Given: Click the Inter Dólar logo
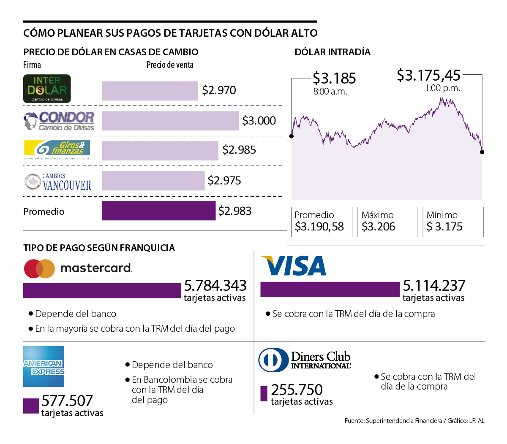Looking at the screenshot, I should pyautogui.click(x=47, y=89).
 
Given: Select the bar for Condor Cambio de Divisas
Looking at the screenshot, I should pyautogui.click(x=170, y=121).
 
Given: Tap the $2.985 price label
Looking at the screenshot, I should pyautogui.click(x=239, y=150).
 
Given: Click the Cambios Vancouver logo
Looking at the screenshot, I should pyautogui.click(x=58, y=181).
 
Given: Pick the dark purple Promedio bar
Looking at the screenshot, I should pyautogui.click(x=158, y=211).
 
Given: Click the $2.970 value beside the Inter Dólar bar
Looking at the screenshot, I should pyautogui.click(x=219, y=90).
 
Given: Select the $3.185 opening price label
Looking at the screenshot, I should pyautogui.click(x=334, y=79).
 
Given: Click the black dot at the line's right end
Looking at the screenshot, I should pyautogui.click(x=482, y=152).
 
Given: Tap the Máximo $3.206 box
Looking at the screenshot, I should pyautogui.click(x=387, y=222).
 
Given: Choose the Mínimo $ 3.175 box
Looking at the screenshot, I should pyautogui.click(x=453, y=222).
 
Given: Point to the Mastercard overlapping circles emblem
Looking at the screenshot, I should pyautogui.click(x=39, y=268).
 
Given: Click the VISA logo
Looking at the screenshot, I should pyautogui.click(x=294, y=266).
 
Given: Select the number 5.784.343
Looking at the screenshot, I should pyautogui.click(x=215, y=286).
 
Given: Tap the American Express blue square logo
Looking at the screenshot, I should pyautogui.click(x=44, y=366).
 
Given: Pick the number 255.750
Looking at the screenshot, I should pyautogui.click(x=297, y=390).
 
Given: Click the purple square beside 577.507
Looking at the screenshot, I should pyautogui.click(x=31, y=406).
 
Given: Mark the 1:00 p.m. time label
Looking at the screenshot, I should pyautogui.click(x=442, y=88).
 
